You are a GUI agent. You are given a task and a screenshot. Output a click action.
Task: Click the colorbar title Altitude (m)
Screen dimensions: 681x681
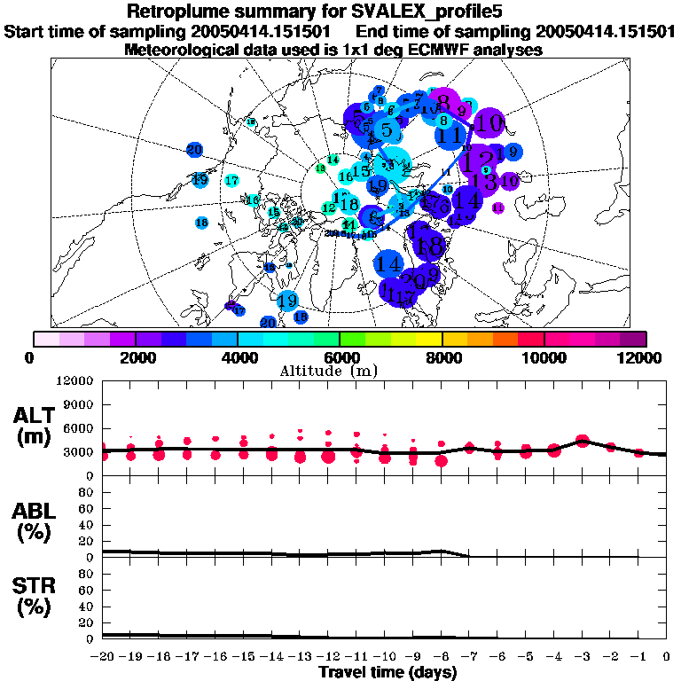tap(340, 371)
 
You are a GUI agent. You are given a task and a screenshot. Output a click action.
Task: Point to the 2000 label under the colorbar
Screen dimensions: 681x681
tap(135, 357)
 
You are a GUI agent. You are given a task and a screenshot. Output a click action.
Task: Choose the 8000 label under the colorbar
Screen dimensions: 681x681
tap(442, 357)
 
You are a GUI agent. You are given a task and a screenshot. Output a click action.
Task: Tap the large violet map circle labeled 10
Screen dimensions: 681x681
tap(489, 123)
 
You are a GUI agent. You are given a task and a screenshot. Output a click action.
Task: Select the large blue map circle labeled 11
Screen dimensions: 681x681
tap(450, 137)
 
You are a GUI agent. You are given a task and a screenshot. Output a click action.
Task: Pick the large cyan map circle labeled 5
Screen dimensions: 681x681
tap(387, 130)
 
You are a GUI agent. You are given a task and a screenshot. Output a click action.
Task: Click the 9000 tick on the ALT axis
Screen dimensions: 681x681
tap(79, 404)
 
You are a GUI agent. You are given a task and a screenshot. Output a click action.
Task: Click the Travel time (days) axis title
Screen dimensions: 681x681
tap(387, 672)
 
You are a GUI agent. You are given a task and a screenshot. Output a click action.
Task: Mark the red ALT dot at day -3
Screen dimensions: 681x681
tap(582, 441)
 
